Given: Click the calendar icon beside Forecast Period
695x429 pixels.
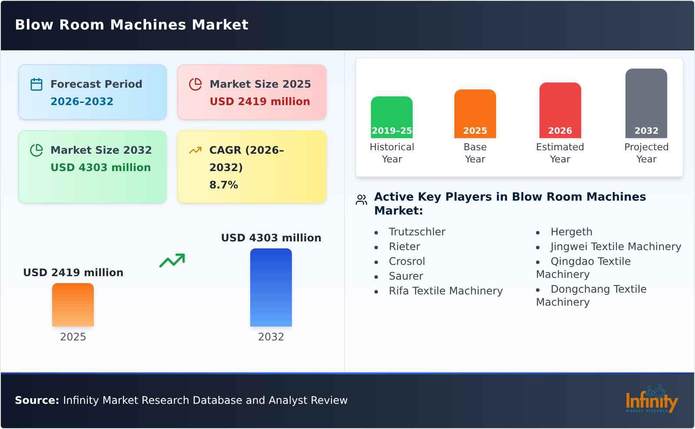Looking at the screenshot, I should [x=36, y=84].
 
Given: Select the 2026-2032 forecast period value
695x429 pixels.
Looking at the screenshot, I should [x=82, y=102].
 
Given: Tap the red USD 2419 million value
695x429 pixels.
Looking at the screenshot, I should [x=260, y=102].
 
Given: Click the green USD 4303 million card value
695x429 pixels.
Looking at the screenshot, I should [x=101, y=168].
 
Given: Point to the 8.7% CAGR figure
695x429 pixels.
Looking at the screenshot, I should [x=223, y=185].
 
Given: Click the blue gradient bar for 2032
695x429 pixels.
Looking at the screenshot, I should [x=271, y=287].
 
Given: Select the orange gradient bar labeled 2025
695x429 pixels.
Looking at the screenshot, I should [x=73, y=305].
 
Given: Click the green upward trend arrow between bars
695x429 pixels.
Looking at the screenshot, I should [x=172, y=261].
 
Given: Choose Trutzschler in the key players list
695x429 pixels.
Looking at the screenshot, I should [x=417, y=232].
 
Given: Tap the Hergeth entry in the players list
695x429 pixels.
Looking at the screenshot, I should [x=571, y=232].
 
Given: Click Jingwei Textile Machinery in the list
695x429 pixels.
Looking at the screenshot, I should [x=616, y=247].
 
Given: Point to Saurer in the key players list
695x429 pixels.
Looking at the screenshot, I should [x=406, y=276].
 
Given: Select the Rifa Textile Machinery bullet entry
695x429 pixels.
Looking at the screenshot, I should [x=446, y=291].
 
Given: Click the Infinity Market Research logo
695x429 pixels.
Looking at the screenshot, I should [x=651, y=399].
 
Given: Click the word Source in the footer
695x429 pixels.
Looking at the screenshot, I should [x=36, y=400].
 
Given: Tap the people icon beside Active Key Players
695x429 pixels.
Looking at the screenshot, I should [x=361, y=200].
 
